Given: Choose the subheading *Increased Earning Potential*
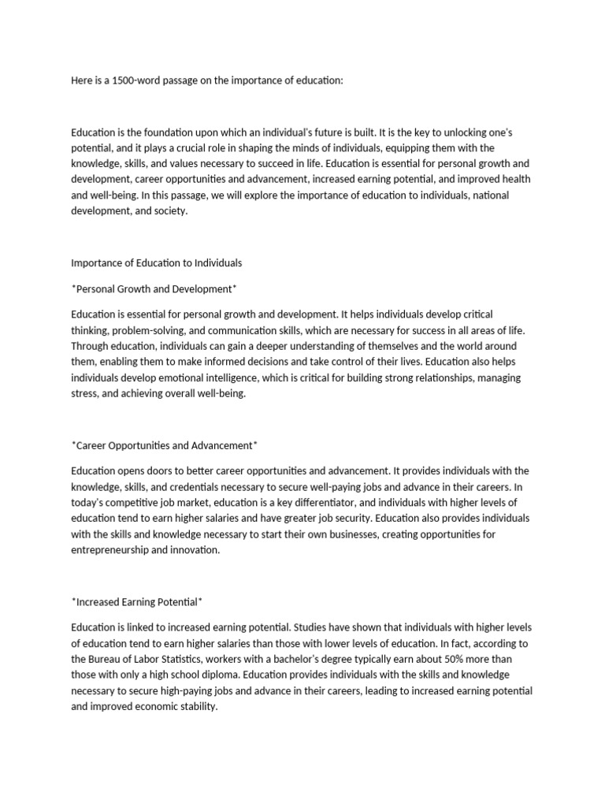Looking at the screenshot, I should tap(137, 602).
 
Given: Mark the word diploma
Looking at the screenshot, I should tap(225, 675).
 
